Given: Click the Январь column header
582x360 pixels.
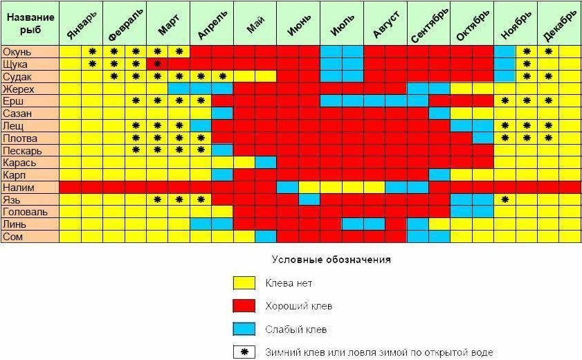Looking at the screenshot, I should click(82, 24).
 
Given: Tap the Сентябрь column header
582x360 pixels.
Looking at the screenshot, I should click(428, 24).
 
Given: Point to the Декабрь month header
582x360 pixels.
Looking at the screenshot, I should click(559, 24).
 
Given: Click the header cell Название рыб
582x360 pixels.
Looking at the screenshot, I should click(29, 24).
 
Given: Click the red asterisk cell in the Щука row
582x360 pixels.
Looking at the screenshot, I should click(158, 64).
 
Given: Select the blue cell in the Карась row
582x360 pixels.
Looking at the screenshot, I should click(265, 162).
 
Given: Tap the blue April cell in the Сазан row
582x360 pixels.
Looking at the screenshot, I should click(222, 113).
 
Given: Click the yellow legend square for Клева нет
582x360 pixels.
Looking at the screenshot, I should click(243, 283).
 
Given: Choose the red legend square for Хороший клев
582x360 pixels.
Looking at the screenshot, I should click(243, 306).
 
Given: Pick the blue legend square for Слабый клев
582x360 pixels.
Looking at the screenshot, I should click(243, 329).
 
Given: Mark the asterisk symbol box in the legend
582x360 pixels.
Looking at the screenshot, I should click(243, 352).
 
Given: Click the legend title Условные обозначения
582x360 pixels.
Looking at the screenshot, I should click(331, 260).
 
